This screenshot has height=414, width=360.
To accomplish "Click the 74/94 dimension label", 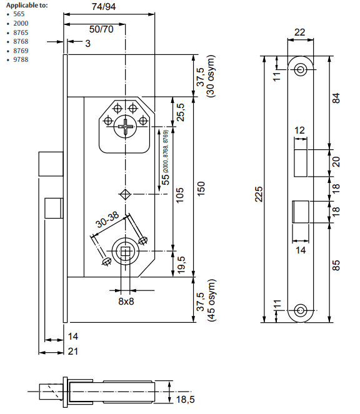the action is [104, 7].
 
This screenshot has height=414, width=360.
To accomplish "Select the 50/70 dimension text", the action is [101, 29].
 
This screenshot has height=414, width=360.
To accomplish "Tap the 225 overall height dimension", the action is [259, 194].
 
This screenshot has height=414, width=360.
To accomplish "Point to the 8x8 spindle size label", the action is [126, 301].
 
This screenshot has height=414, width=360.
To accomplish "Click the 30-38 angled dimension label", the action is [107, 219].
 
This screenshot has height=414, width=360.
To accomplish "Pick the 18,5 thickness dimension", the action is [185, 400].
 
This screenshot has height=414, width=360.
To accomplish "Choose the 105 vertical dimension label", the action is [180, 195].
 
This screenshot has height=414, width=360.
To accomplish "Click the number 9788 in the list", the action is [21, 59].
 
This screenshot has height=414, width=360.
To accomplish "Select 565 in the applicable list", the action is [19, 14].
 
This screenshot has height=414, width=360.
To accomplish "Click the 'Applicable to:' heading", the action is [27, 5].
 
